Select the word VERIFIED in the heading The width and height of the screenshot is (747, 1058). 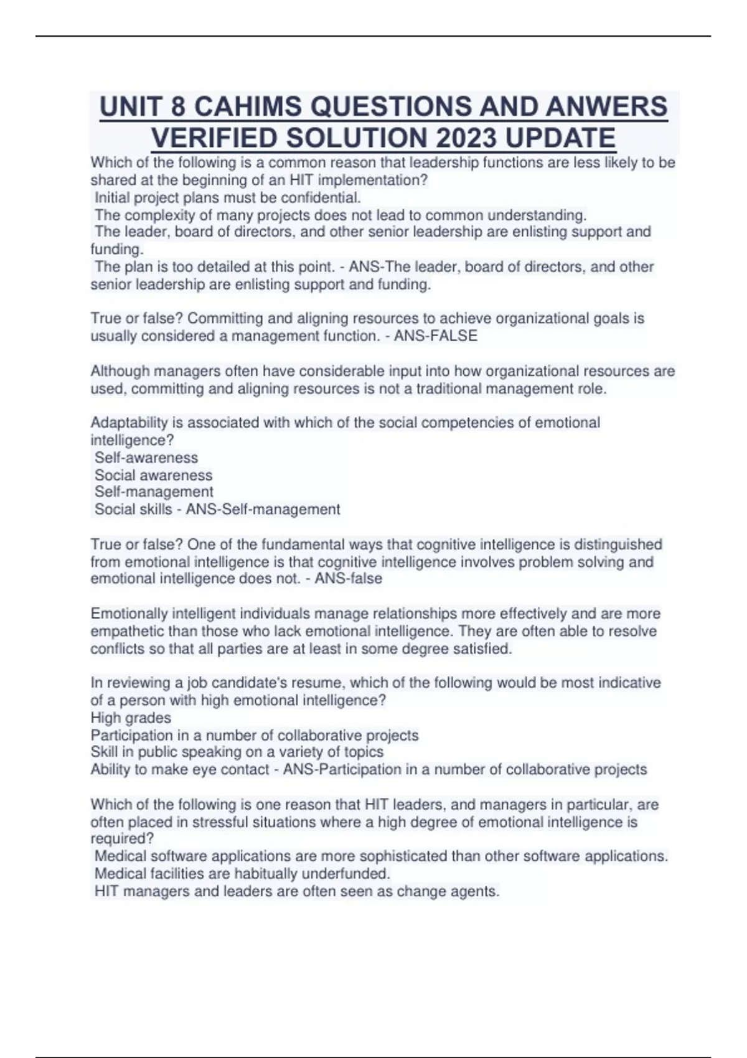228,138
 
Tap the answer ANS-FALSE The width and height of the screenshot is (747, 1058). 436,336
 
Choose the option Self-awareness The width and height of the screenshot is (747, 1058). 146,457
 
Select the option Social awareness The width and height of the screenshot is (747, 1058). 153,475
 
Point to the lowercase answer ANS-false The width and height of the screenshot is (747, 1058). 348,579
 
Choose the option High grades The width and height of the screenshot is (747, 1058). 131,718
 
